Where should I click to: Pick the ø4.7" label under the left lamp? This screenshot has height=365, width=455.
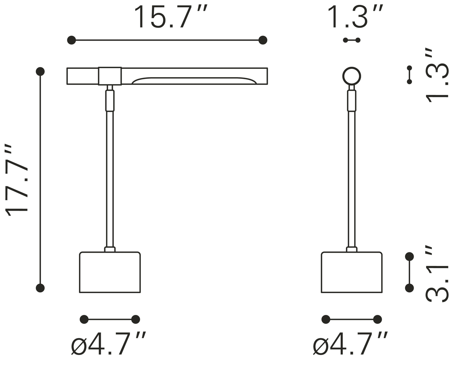click(108, 343)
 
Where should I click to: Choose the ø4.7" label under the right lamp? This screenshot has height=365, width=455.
click(350, 343)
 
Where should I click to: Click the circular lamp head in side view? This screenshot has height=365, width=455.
click(351, 76)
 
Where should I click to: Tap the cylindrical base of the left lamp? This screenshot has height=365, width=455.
click(110, 272)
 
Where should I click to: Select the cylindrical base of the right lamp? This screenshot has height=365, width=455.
click(351, 272)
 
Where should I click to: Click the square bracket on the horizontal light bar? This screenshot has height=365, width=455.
click(110, 76)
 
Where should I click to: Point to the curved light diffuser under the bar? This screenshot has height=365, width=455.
click(194, 81)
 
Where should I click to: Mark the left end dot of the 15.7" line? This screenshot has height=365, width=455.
click(71, 40)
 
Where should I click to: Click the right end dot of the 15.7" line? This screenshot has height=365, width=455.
click(263, 40)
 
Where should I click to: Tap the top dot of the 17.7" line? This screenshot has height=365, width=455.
click(40, 71)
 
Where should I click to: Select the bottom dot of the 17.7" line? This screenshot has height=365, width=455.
click(40, 288)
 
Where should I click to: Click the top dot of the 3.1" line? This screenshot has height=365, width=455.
click(409, 257)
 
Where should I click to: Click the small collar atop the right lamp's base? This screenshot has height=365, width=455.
click(351, 249)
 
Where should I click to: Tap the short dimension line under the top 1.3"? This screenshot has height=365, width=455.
click(351, 40)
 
